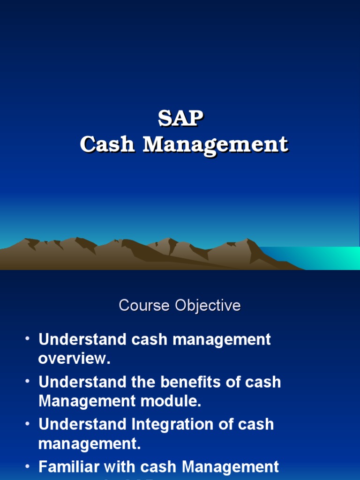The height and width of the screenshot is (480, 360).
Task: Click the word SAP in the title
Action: coord(180,119)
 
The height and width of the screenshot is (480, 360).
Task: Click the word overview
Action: coord(74,359)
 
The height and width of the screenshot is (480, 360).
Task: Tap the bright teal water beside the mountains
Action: coord(319,258)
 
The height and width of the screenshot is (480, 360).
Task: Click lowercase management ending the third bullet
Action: coord(89,444)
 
